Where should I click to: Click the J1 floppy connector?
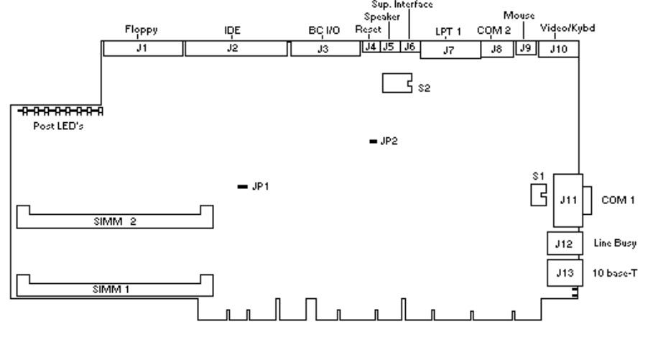[143, 49]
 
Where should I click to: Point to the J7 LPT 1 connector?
[450, 50]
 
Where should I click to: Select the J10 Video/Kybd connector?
[557, 49]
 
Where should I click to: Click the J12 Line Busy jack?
[563, 244]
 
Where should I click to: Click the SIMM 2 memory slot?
[115, 218]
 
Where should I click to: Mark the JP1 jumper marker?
[243, 187]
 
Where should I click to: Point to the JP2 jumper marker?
[373, 142]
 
